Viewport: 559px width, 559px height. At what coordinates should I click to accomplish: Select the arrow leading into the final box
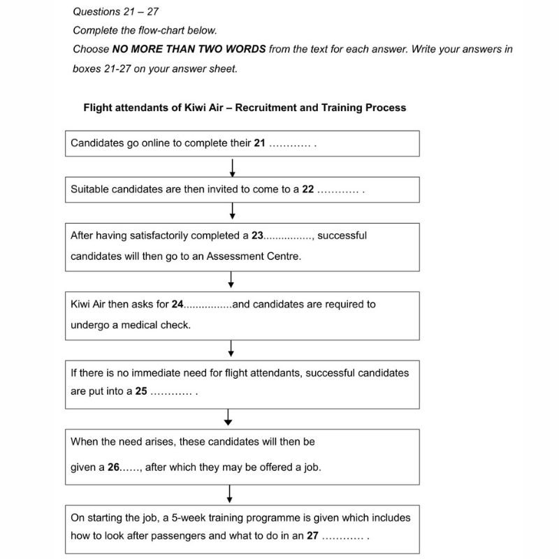(229, 494)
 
